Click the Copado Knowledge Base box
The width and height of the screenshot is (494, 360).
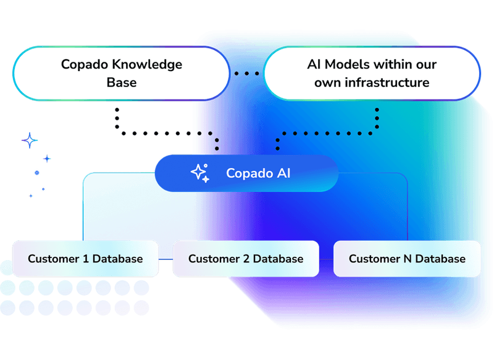121,73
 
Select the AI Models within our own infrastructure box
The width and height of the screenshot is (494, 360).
372,73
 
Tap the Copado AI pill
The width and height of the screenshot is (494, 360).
246,173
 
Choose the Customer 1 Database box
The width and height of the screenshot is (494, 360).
85,259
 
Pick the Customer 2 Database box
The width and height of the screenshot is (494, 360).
246,259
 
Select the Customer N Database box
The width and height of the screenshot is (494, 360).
407,259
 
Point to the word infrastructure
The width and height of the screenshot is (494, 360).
389,82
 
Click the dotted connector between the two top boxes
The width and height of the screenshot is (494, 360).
246,73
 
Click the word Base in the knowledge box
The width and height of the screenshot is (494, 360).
121,82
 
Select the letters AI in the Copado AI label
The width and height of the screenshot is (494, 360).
282,173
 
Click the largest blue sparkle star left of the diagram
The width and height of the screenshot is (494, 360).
28,141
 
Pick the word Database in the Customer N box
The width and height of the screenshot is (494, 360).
440,259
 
